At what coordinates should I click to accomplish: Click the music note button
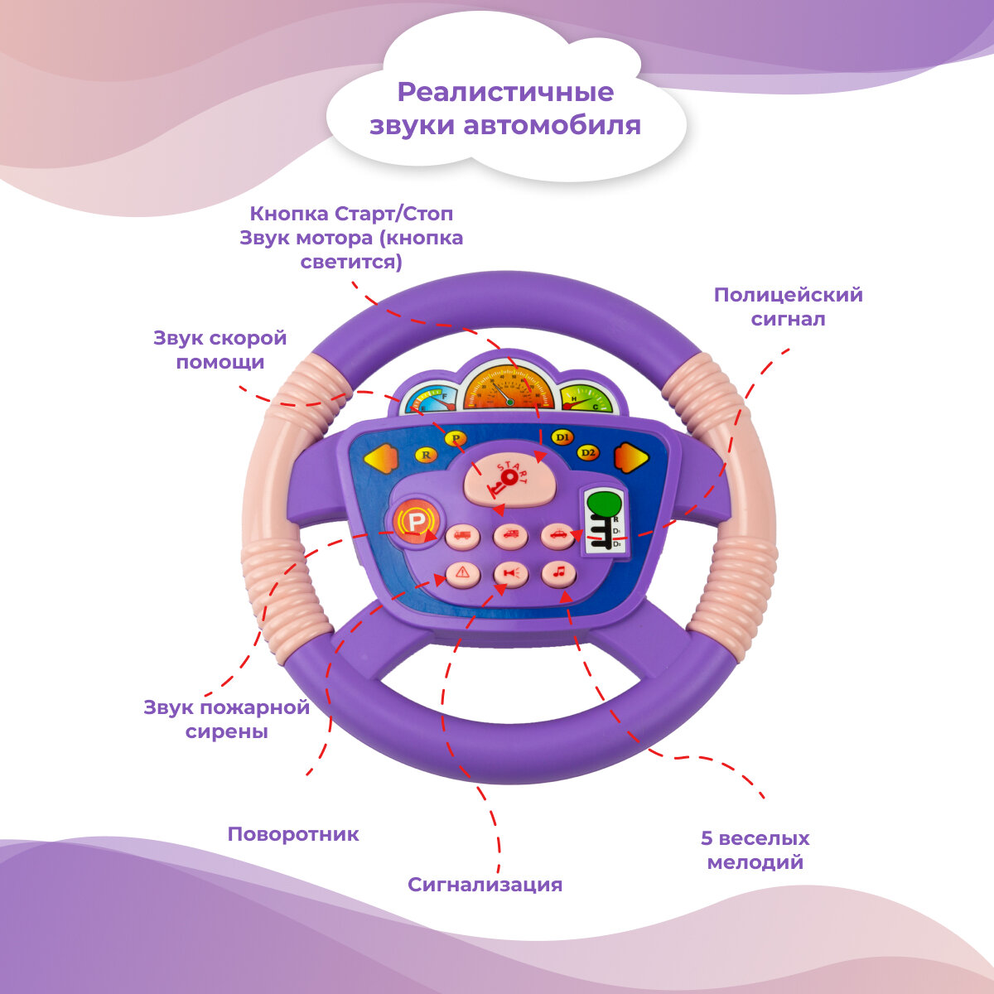click(x=559, y=572)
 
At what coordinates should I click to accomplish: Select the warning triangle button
click(x=462, y=572)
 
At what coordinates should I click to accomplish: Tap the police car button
click(x=559, y=535)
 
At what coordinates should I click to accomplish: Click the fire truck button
click(x=462, y=536)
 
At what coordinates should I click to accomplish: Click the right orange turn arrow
click(x=630, y=457)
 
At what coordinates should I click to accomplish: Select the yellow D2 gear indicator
click(x=588, y=453)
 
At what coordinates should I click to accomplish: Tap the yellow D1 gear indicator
click(x=562, y=437)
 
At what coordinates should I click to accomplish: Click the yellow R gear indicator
click(x=426, y=454)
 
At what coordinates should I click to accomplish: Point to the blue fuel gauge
click(x=430, y=403)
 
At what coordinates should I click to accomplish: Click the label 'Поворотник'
click(x=293, y=834)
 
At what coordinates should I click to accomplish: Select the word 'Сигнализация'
click(x=485, y=885)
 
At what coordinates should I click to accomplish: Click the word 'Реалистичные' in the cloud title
click(x=505, y=92)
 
